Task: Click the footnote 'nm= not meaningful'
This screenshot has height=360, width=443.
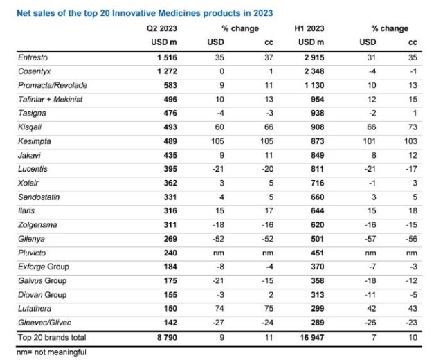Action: point(44,352)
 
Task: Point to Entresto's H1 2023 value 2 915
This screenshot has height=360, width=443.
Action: point(295,59)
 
